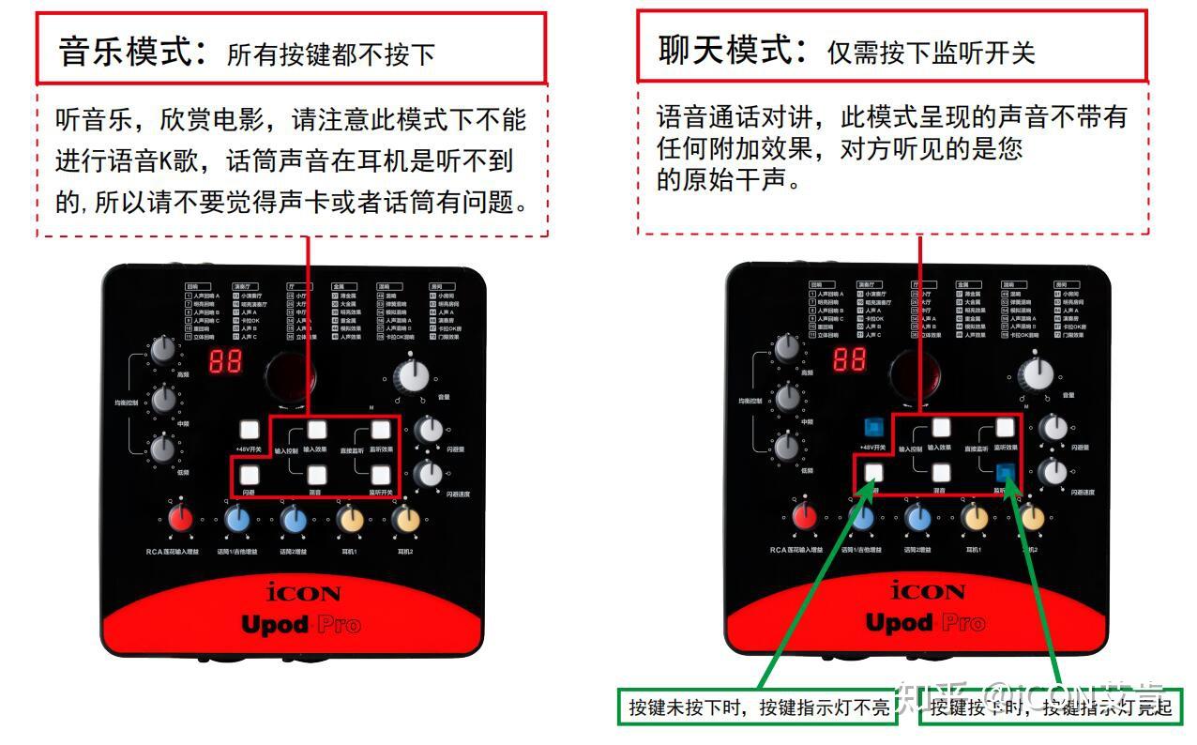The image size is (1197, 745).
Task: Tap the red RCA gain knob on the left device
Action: (x=180, y=518)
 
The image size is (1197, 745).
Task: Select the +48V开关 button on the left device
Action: (x=250, y=430)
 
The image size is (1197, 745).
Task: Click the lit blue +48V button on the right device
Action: (x=874, y=428)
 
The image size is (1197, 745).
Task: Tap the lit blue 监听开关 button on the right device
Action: (x=1006, y=472)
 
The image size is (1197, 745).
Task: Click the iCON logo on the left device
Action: (x=303, y=592)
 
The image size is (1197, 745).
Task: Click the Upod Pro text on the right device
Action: (x=925, y=623)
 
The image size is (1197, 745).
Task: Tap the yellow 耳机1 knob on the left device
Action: (x=350, y=518)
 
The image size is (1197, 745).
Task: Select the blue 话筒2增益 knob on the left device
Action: (x=294, y=518)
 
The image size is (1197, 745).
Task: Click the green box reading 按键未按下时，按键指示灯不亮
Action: (x=757, y=707)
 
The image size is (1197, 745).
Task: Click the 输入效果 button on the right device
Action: (x=940, y=429)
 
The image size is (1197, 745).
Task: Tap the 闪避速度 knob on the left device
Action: (x=430, y=475)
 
